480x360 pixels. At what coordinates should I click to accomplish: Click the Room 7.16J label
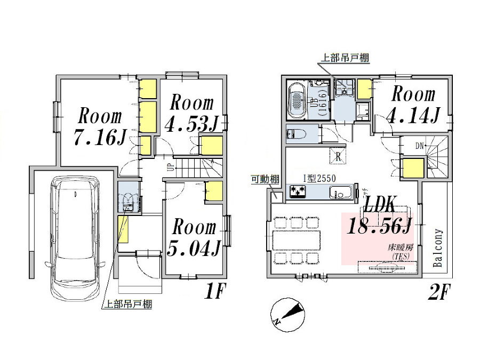[100, 127]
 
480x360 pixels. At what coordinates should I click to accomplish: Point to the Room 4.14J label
[414, 105]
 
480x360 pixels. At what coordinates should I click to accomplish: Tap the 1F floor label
[215, 292]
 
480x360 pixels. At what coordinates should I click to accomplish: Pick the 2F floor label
[440, 292]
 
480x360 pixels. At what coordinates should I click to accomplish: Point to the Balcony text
[438, 248]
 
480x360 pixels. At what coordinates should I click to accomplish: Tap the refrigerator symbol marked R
[338, 157]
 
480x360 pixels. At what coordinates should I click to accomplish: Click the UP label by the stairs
[170, 167]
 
